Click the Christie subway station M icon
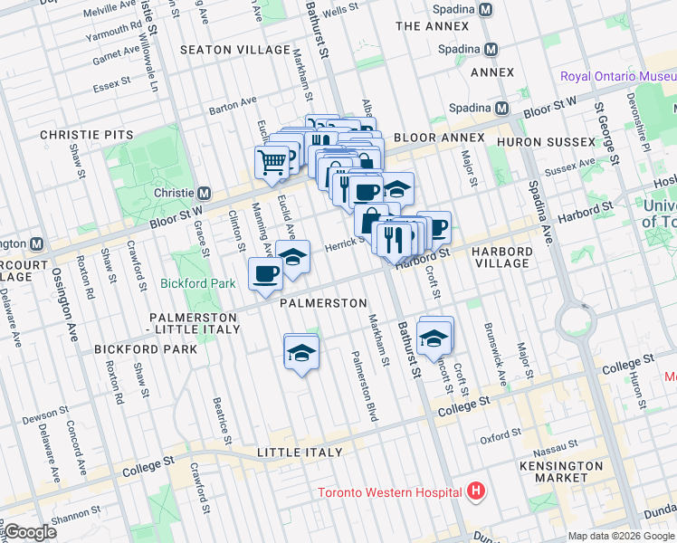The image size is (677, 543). (205, 193)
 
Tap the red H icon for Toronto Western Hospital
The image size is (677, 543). (476, 493)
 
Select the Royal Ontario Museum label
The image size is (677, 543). (617, 76)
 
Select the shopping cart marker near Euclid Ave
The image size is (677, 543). (272, 164)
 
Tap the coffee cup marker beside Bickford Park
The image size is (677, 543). (265, 273)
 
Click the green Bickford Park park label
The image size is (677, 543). (197, 283)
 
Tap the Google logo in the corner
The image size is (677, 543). (29, 532)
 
